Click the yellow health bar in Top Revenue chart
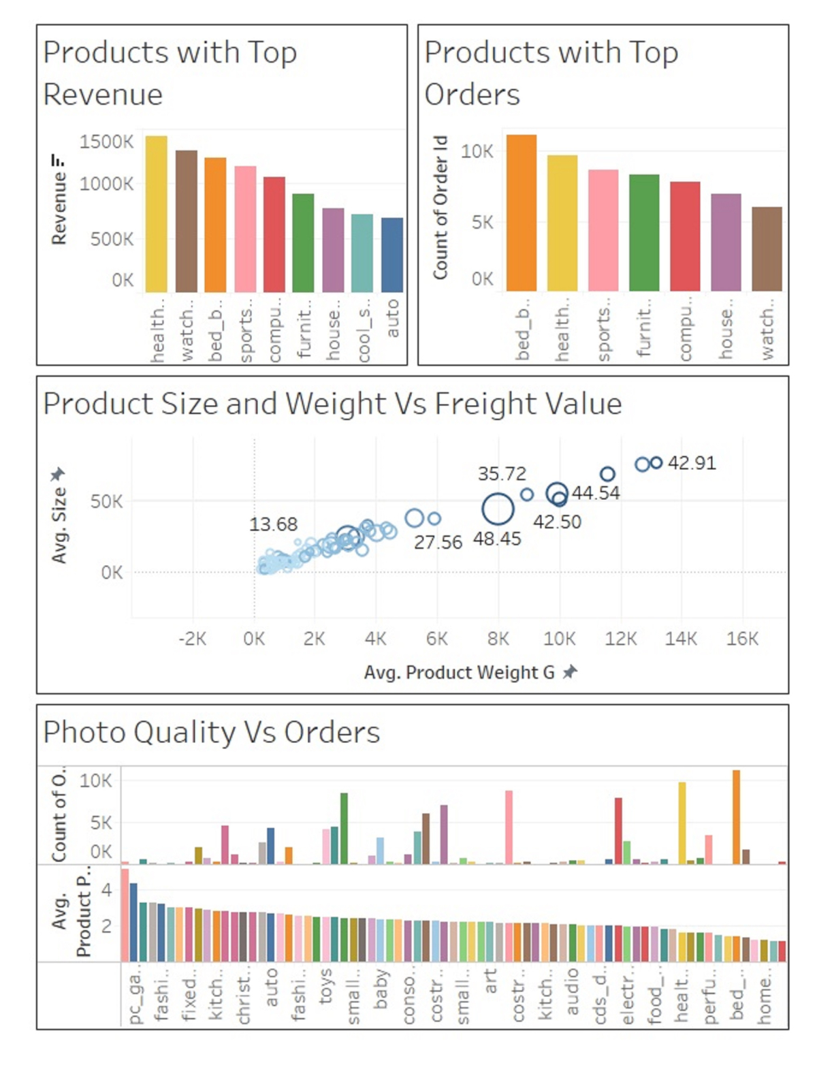pyautogui.click(x=156, y=214)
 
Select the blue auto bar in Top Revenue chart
pyautogui.click(x=391, y=255)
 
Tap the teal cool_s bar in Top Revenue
pyautogui.click(x=362, y=253)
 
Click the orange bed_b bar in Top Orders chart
pyautogui.click(x=522, y=212)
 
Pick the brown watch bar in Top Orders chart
pyautogui.click(x=767, y=249)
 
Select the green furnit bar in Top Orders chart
pyautogui.click(x=644, y=232)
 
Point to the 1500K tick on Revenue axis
pyautogui.click(x=106, y=142)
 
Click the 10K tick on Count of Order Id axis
pyautogui.click(x=477, y=151)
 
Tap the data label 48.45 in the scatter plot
pyautogui.click(x=497, y=539)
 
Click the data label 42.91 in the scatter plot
pyautogui.click(x=692, y=463)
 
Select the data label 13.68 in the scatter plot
pyautogui.click(x=273, y=524)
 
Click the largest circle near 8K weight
pyautogui.click(x=498, y=509)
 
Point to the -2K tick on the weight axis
pyautogui.click(x=192, y=639)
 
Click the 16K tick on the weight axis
pyautogui.click(x=742, y=639)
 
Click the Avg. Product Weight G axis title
pyautogui.click(x=460, y=673)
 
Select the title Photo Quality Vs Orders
pyautogui.click(x=211, y=733)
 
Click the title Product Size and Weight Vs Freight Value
pyautogui.click(x=332, y=404)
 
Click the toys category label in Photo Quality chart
pyautogui.click(x=325, y=986)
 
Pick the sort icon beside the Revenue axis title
pyautogui.click(x=58, y=161)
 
